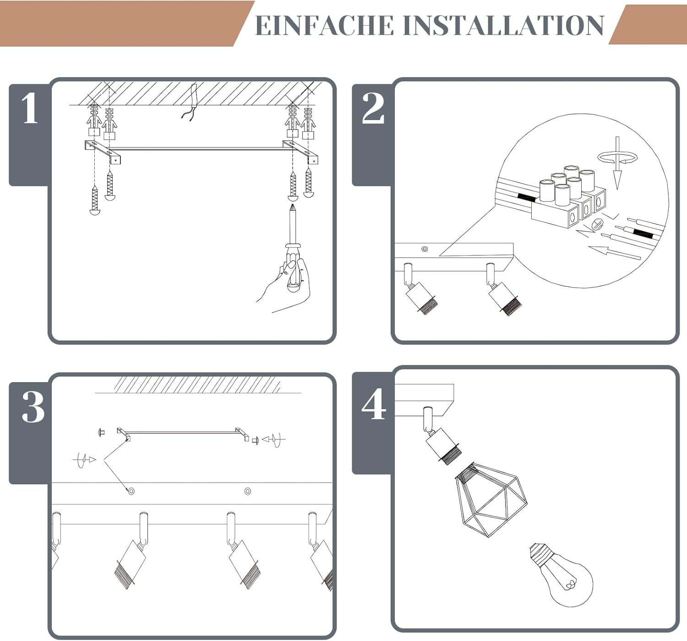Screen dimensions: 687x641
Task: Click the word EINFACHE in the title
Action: coord(324,25)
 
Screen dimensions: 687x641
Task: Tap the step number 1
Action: coord(30,108)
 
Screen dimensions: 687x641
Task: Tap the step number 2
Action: coord(373,108)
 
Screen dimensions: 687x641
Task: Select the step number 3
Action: coord(33,407)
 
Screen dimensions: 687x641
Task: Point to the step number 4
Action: coord(374,404)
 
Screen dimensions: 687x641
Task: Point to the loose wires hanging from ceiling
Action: coord(190,103)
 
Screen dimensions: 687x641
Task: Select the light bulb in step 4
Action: coord(560,574)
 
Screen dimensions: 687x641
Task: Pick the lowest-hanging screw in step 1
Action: coord(94,200)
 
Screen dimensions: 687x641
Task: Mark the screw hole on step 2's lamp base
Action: coord(425,249)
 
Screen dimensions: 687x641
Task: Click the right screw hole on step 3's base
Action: coord(248,491)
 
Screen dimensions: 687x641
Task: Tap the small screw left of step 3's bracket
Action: coord(101,432)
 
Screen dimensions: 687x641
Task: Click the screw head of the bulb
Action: coord(539,553)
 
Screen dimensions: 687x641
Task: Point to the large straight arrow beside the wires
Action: coord(614,252)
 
